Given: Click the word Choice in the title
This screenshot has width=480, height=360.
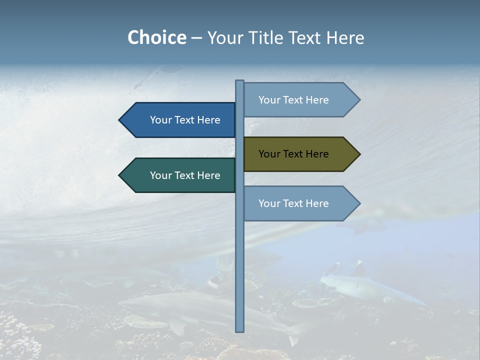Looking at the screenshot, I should [x=156, y=37].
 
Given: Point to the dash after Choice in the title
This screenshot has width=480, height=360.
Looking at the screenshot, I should [x=196, y=38].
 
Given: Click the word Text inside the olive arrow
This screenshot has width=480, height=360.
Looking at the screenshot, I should [x=293, y=154].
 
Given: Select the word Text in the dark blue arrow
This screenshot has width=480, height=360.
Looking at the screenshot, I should [x=185, y=120].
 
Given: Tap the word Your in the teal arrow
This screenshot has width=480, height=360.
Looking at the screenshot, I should [x=160, y=175].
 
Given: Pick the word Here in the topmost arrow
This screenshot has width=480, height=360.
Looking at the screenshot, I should [x=317, y=100].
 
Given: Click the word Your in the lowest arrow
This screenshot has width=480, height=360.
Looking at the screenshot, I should [x=268, y=203].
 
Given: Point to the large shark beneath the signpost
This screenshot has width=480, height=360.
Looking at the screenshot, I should [x=200, y=312].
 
